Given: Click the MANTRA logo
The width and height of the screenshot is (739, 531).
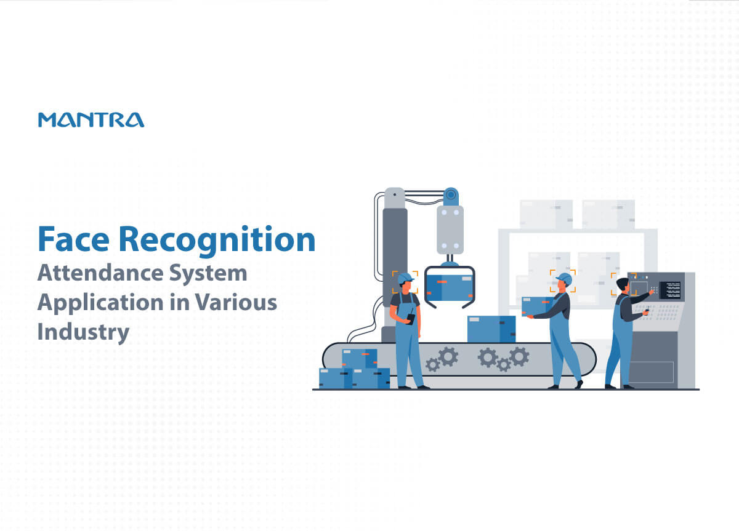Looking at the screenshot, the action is tap(91, 119).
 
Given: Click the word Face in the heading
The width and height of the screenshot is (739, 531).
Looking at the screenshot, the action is tap(73, 239).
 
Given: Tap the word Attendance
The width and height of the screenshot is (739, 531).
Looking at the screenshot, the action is tap(99, 273).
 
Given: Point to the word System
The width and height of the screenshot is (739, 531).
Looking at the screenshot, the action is tap(208, 274).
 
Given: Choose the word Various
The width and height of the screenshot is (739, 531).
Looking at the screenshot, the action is tap(235, 302).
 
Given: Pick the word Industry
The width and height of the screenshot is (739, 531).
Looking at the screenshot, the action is tap(83, 333).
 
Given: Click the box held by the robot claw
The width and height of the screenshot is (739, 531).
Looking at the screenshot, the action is tap(450, 289).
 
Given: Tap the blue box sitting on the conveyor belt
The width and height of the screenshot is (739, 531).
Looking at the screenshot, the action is tap(491, 329).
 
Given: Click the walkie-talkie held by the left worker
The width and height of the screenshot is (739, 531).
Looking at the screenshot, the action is tap(411, 317).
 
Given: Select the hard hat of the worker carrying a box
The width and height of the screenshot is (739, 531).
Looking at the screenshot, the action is tap(565, 279).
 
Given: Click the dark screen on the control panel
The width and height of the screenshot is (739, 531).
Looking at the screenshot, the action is tap(670, 290).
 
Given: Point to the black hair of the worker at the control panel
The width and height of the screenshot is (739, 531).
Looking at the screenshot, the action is tap(622, 284).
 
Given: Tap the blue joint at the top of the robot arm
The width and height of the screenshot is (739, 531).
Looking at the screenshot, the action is tap(451, 196).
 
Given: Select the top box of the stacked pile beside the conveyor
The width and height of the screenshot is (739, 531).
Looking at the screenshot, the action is tap(360, 359).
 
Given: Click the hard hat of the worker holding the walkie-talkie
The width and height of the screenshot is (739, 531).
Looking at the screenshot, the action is tap(405, 278).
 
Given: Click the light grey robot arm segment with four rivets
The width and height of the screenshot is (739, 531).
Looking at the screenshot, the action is tap(450, 230).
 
